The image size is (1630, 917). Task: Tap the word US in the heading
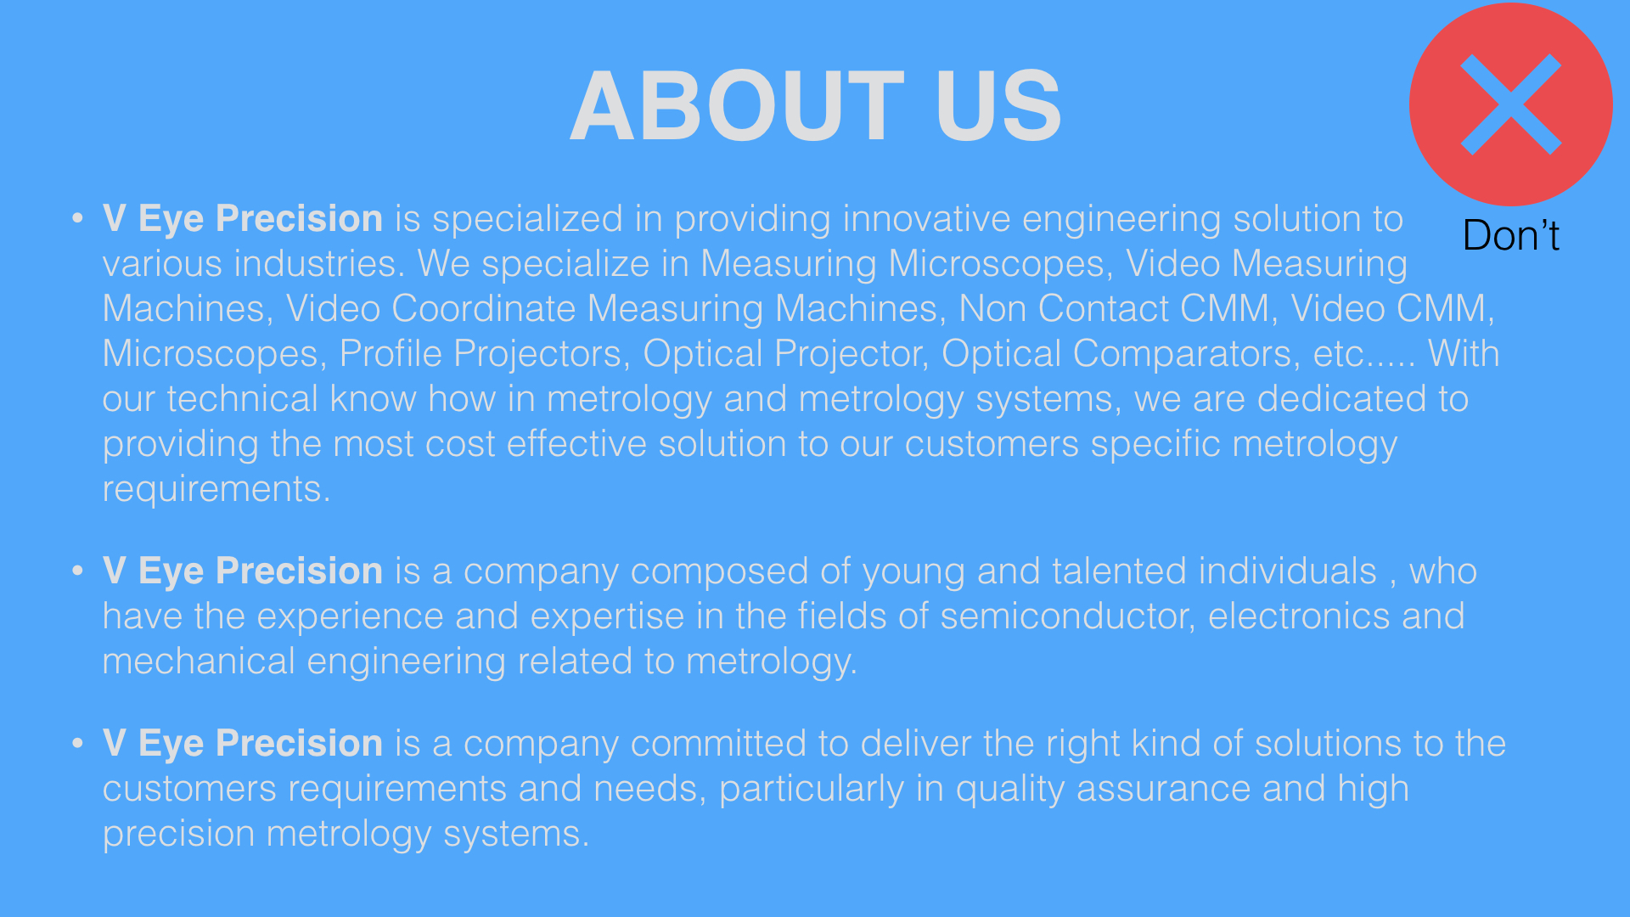tap(998, 106)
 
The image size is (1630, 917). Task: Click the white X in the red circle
tap(1511, 104)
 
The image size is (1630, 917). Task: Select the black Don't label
tap(1511, 235)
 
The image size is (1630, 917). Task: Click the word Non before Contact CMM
tap(992, 309)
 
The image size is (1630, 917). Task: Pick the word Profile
tap(391, 354)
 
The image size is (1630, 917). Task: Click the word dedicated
tap(1341, 399)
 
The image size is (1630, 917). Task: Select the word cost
tap(460, 444)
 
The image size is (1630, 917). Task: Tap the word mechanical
tap(199, 661)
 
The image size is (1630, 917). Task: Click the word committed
tap(718, 744)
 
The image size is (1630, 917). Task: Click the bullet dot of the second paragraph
tap(78, 571)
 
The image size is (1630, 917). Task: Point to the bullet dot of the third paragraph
tap(78, 744)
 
